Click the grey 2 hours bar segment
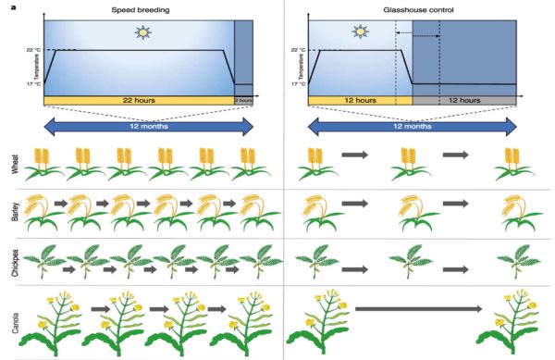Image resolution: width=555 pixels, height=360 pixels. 243,100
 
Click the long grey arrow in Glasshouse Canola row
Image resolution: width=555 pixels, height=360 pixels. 417,310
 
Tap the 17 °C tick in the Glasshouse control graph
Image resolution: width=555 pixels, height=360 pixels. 298,84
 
